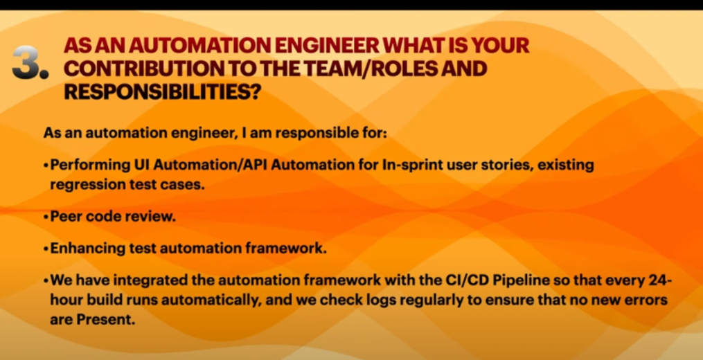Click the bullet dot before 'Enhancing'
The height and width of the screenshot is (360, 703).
pyautogui.click(x=46, y=249)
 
